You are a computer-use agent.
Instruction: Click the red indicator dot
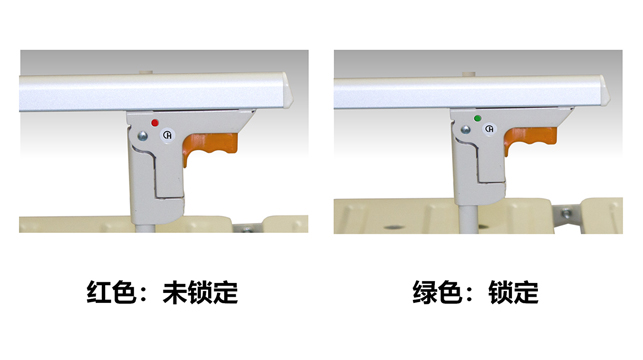155,123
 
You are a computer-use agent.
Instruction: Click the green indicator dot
477,118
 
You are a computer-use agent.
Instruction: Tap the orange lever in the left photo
209,147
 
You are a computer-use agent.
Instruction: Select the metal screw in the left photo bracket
142,136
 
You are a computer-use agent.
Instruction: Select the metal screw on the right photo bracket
465,130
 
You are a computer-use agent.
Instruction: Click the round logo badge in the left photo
167,134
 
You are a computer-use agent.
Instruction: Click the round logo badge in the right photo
490,129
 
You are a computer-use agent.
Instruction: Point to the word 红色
111,292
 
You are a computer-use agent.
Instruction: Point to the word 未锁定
200,292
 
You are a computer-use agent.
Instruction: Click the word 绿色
437,292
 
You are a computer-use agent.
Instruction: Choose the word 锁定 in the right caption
513,292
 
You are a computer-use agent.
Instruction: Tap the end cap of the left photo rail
288,91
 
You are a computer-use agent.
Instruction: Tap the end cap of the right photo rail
605,91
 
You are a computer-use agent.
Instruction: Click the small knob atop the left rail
146,72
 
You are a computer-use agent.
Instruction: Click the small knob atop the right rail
468,74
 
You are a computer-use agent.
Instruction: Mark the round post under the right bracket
467,220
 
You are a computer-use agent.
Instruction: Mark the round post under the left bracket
145,228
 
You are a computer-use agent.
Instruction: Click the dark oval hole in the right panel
395,226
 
